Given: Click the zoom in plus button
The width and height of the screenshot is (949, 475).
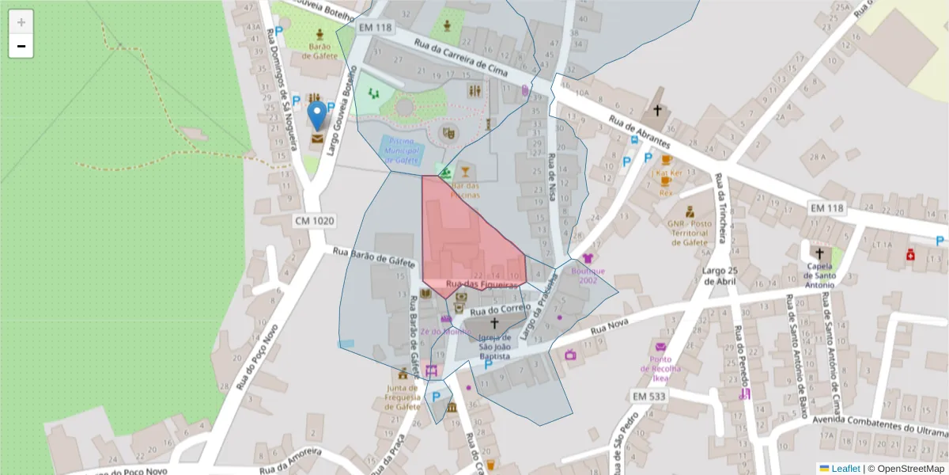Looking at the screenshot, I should (x=21, y=21).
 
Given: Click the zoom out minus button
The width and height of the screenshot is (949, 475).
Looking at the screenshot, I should (x=21, y=47).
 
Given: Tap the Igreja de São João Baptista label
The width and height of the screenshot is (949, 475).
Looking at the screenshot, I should (x=495, y=347).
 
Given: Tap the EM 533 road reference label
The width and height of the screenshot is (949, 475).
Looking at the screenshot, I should (x=651, y=395).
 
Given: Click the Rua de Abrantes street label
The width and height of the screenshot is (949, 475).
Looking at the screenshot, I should (x=639, y=132).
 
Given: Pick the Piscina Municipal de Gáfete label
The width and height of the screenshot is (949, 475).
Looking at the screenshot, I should (x=403, y=150).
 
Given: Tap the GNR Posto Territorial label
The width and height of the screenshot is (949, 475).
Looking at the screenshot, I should (x=690, y=232).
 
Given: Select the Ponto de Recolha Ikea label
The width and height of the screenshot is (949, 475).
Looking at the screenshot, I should (x=660, y=368).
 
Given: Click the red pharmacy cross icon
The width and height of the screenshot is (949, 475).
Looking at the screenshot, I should (x=911, y=255).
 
